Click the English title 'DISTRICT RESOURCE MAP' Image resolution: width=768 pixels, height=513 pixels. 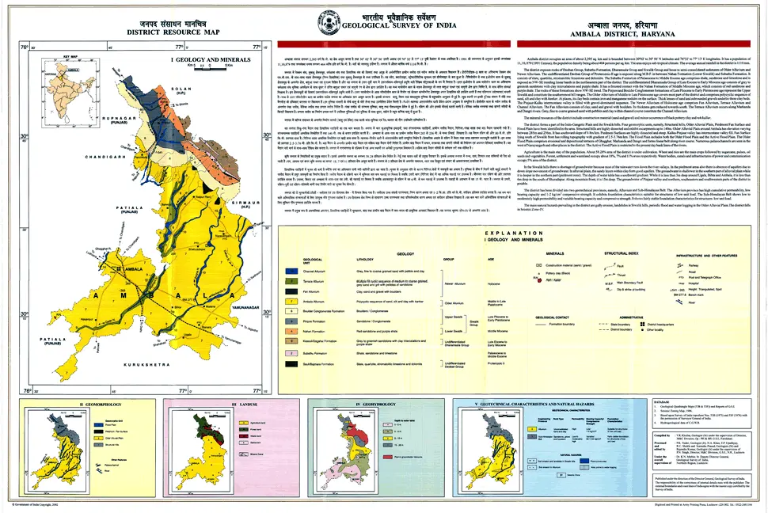[x=145, y=33]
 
